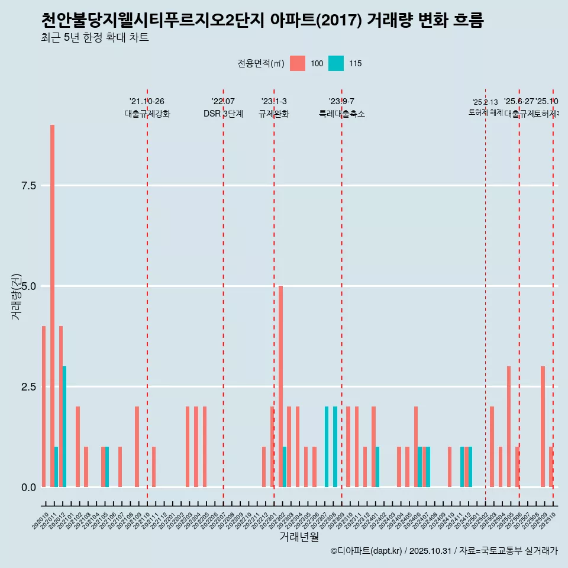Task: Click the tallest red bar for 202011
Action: pyautogui.click(x=52, y=306)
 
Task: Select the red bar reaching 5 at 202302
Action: pyautogui.click(x=281, y=386)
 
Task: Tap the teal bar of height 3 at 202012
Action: pyautogui.click(x=64, y=427)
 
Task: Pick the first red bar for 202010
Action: pyautogui.click(x=44, y=406)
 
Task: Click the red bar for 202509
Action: pyautogui.click(x=543, y=427)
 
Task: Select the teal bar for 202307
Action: pyautogui.click(x=327, y=447)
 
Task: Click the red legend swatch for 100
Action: pyautogui.click(x=298, y=63)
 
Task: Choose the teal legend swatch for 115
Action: pyautogui.click(x=335, y=63)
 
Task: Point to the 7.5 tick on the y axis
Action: pyautogui.click(x=29, y=186)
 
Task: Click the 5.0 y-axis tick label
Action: pyautogui.click(x=29, y=286)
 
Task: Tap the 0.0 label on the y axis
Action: pyautogui.click(x=29, y=488)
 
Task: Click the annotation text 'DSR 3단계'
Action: pyautogui.click(x=223, y=114)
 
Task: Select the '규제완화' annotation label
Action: pyautogui.click(x=274, y=114)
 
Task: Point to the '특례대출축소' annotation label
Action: pyautogui.click(x=341, y=114)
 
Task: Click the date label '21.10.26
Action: pyautogui.click(x=147, y=102)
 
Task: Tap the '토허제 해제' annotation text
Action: pyautogui.click(x=485, y=112)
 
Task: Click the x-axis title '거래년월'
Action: pyautogui.click(x=299, y=537)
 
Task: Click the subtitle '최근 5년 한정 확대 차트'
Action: pyautogui.click(x=95, y=38)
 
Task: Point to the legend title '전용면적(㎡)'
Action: pyautogui.click(x=260, y=64)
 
